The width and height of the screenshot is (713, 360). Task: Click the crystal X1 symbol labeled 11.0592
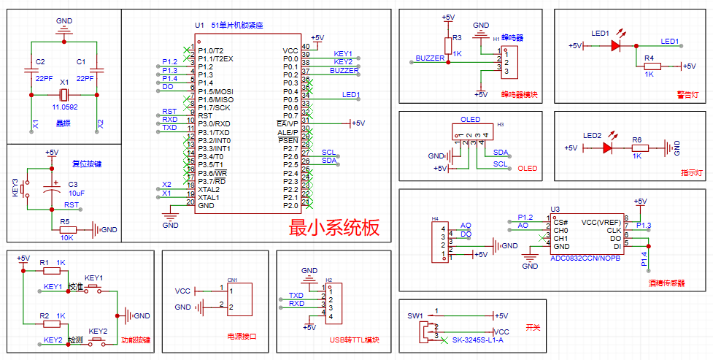[64, 95]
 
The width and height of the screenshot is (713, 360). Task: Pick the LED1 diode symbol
[615, 45]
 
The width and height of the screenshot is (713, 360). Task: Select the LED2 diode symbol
[607, 148]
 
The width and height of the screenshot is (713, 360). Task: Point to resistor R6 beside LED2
[637, 148]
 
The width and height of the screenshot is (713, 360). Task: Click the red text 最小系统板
[334, 227]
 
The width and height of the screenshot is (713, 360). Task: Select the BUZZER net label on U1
[344, 71]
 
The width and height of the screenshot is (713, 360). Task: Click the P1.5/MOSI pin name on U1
[215, 91]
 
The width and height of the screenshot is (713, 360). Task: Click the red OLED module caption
[527, 169]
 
